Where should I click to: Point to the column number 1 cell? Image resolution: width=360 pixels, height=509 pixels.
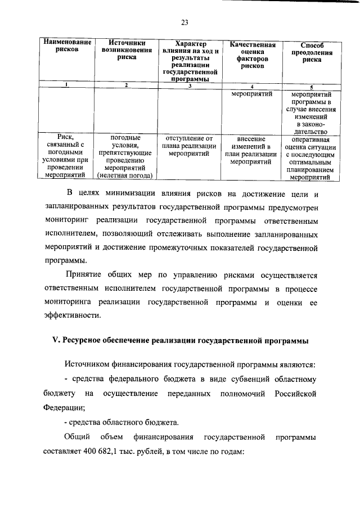click(67, 85)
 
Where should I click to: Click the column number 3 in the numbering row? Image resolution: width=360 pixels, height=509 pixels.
click(190, 85)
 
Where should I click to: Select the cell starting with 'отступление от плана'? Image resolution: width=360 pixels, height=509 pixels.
click(190, 145)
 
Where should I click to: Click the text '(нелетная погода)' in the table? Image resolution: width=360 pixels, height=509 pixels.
click(127, 177)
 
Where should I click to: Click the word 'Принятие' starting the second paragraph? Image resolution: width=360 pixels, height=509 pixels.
click(84, 276)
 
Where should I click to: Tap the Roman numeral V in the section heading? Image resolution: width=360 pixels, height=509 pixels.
click(47, 341)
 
